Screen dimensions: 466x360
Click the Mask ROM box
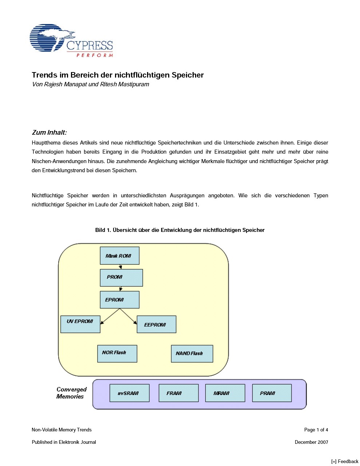[119, 256]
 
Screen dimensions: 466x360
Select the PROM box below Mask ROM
[121, 278]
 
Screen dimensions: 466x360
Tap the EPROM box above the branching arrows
[119, 300]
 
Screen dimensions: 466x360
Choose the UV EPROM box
[80, 324]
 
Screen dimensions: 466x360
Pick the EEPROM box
[156, 324]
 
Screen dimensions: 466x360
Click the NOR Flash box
[117, 354]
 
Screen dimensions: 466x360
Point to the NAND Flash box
[192, 354]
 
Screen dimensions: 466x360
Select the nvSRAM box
[129, 393]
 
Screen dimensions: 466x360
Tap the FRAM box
[178, 393]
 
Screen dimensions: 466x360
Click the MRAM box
[225, 393]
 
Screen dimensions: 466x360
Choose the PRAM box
[272, 393]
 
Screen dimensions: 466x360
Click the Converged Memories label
[71, 393]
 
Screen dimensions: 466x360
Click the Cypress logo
[71, 41]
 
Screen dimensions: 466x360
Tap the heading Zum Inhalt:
[49, 133]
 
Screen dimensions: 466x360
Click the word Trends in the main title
[44, 75]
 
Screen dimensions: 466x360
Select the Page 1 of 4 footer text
[316, 430]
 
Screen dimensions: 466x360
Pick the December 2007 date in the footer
[311, 442]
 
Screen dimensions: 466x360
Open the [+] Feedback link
[345, 461]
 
